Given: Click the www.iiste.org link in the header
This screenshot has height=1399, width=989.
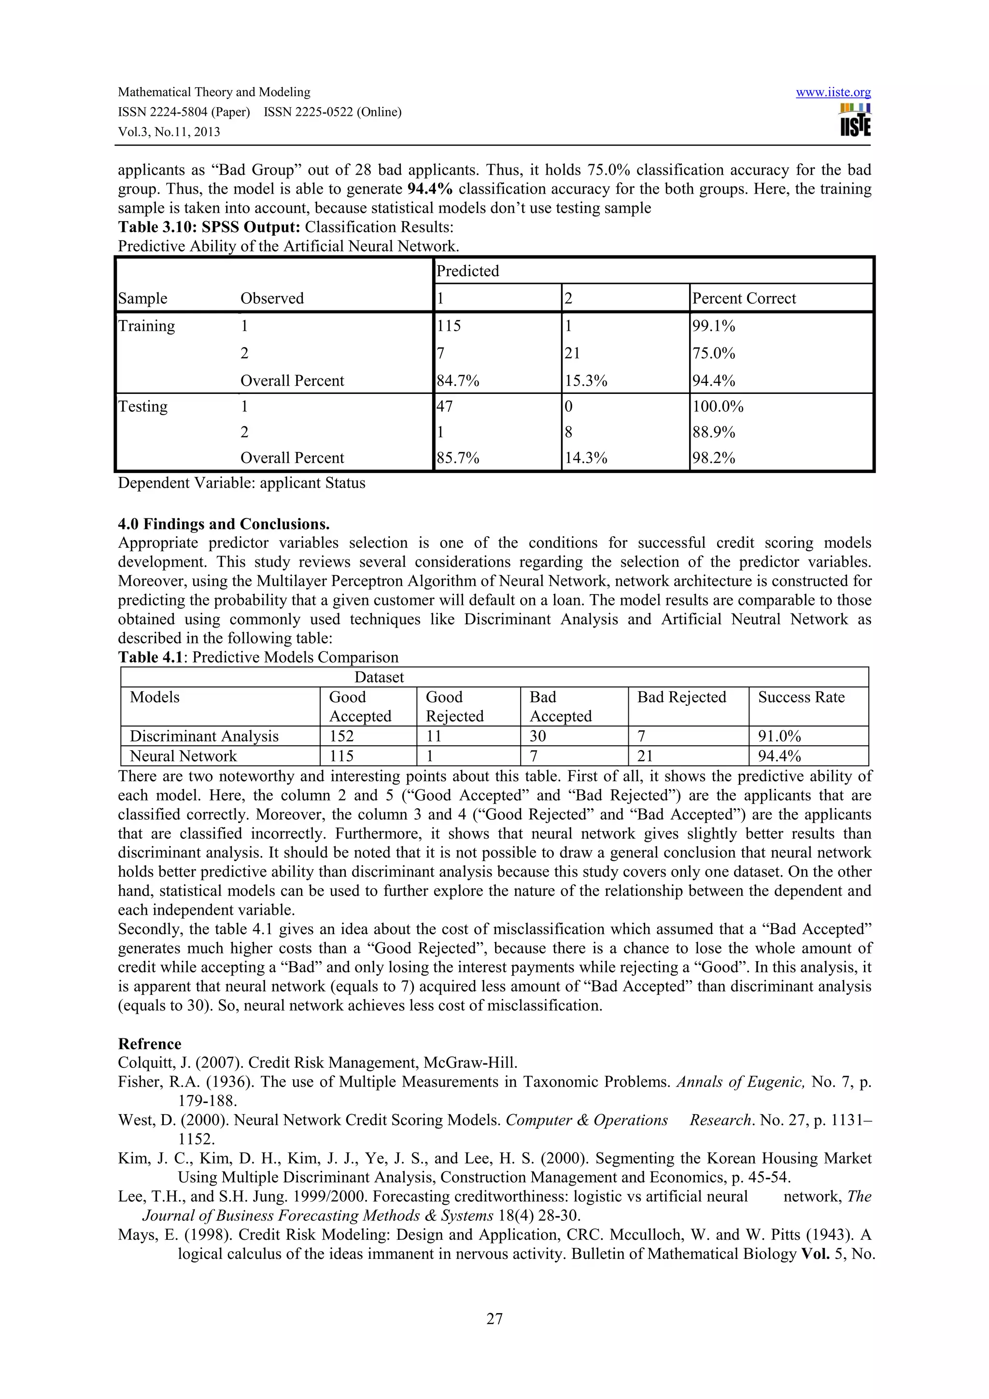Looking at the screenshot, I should (833, 93).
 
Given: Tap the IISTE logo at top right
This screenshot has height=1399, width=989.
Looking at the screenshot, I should (855, 120).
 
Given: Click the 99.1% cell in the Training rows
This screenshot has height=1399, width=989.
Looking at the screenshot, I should (714, 326).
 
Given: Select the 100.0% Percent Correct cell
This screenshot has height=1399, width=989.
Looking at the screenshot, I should (718, 406).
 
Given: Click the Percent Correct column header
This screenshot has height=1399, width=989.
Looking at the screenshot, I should (744, 298).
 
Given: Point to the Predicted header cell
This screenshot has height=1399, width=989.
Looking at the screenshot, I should (467, 271).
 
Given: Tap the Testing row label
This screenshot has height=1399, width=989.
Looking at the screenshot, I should (142, 406).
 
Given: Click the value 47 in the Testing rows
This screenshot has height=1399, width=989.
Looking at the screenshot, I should (445, 406).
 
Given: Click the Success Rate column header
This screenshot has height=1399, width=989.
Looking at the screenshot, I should (801, 697).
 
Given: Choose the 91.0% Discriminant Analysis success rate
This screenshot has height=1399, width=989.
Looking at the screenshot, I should (779, 736).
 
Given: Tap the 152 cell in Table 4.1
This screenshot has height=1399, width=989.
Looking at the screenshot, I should (341, 736).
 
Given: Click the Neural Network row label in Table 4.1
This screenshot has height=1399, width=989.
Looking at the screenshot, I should (183, 756).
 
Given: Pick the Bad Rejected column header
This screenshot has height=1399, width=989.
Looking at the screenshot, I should (681, 697).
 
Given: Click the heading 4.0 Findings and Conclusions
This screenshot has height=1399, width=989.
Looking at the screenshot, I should (224, 524).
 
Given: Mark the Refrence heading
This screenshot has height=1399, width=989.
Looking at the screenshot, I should (149, 1044).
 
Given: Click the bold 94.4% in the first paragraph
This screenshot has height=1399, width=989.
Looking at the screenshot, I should (430, 189).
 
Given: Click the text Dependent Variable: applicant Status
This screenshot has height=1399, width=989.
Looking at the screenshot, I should (241, 483).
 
